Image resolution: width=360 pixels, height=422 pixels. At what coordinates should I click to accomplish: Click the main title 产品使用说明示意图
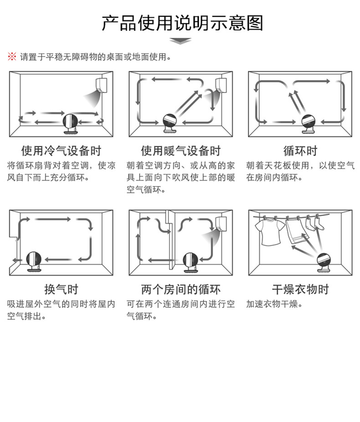(182, 23)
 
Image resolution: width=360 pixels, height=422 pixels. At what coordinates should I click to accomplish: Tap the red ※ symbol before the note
(12, 57)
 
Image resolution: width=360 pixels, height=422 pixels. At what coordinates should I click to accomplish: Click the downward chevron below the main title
(180, 41)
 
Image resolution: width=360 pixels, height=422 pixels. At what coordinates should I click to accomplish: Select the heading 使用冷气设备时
(62, 151)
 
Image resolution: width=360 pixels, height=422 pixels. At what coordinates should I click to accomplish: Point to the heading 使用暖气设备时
(181, 151)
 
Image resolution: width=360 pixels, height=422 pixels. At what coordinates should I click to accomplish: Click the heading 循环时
(300, 151)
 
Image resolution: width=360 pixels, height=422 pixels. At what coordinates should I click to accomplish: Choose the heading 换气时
(62, 289)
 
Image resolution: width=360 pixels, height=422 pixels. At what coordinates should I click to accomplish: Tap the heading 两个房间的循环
(181, 289)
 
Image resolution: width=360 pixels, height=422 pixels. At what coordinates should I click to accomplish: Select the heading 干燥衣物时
(300, 289)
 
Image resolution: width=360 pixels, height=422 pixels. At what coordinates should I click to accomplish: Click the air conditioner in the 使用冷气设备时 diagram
(102, 86)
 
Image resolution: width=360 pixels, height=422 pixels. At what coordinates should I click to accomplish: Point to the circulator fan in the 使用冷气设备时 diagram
(71, 124)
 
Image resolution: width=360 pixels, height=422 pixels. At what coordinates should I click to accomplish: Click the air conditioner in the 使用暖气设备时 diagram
(221, 85)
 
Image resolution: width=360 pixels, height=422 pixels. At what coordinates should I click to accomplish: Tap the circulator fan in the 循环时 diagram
(309, 124)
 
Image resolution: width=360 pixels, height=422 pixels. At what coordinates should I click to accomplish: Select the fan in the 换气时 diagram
(34, 261)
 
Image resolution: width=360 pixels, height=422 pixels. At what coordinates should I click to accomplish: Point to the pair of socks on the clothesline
(315, 223)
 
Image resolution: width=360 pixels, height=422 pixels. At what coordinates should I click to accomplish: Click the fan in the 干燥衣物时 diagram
(324, 262)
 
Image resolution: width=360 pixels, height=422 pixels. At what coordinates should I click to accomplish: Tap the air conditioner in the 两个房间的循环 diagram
(221, 224)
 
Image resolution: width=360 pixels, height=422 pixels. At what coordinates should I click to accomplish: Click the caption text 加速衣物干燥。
(274, 304)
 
